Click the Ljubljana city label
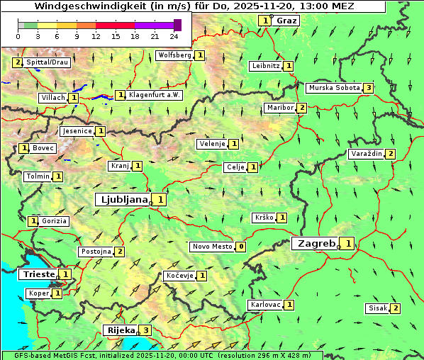[123, 199]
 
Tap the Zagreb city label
[316, 244]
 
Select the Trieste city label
[38, 274]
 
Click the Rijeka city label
[119, 330]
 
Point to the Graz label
[287, 21]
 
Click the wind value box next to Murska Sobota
[368, 88]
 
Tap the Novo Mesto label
[212, 247]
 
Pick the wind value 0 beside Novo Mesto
[241, 247]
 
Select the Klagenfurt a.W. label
[155, 95]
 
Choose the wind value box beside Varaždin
[390, 154]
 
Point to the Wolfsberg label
[174, 55]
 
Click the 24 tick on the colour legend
[174, 36]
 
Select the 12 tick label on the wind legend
[96, 36]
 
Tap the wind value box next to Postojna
[120, 252]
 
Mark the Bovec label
[43, 148]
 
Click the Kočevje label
[179, 275]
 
